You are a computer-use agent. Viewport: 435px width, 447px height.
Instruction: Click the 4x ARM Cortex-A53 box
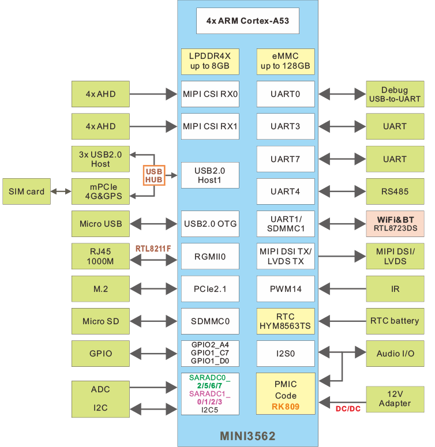point(247,21)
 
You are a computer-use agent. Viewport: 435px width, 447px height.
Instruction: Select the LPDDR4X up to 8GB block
point(210,61)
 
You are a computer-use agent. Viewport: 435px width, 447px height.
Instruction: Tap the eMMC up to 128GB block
point(285,61)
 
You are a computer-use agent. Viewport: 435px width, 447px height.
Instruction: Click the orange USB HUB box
point(154,175)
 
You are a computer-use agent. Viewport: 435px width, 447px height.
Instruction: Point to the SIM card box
point(27,191)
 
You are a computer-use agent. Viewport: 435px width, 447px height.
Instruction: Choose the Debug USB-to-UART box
point(395,94)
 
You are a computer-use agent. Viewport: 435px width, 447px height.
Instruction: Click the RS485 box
point(395,191)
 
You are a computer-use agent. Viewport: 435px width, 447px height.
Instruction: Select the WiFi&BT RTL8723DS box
point(395,224)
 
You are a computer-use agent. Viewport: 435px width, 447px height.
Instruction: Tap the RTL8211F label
point(153,249)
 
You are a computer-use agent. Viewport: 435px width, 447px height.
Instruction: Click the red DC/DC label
point(348,409)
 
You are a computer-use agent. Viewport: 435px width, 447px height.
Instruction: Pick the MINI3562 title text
point(247,435)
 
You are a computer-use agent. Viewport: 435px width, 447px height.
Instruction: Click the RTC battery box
point(395,321)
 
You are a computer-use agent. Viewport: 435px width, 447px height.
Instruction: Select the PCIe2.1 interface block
point(210,289)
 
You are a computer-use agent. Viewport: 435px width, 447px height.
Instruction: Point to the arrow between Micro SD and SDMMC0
point(153,321)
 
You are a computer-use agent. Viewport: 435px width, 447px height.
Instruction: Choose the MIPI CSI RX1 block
point(210,126)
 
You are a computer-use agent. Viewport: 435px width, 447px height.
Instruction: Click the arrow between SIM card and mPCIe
point(60,191)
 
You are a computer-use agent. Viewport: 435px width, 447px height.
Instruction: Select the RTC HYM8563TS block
point(285,321)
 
